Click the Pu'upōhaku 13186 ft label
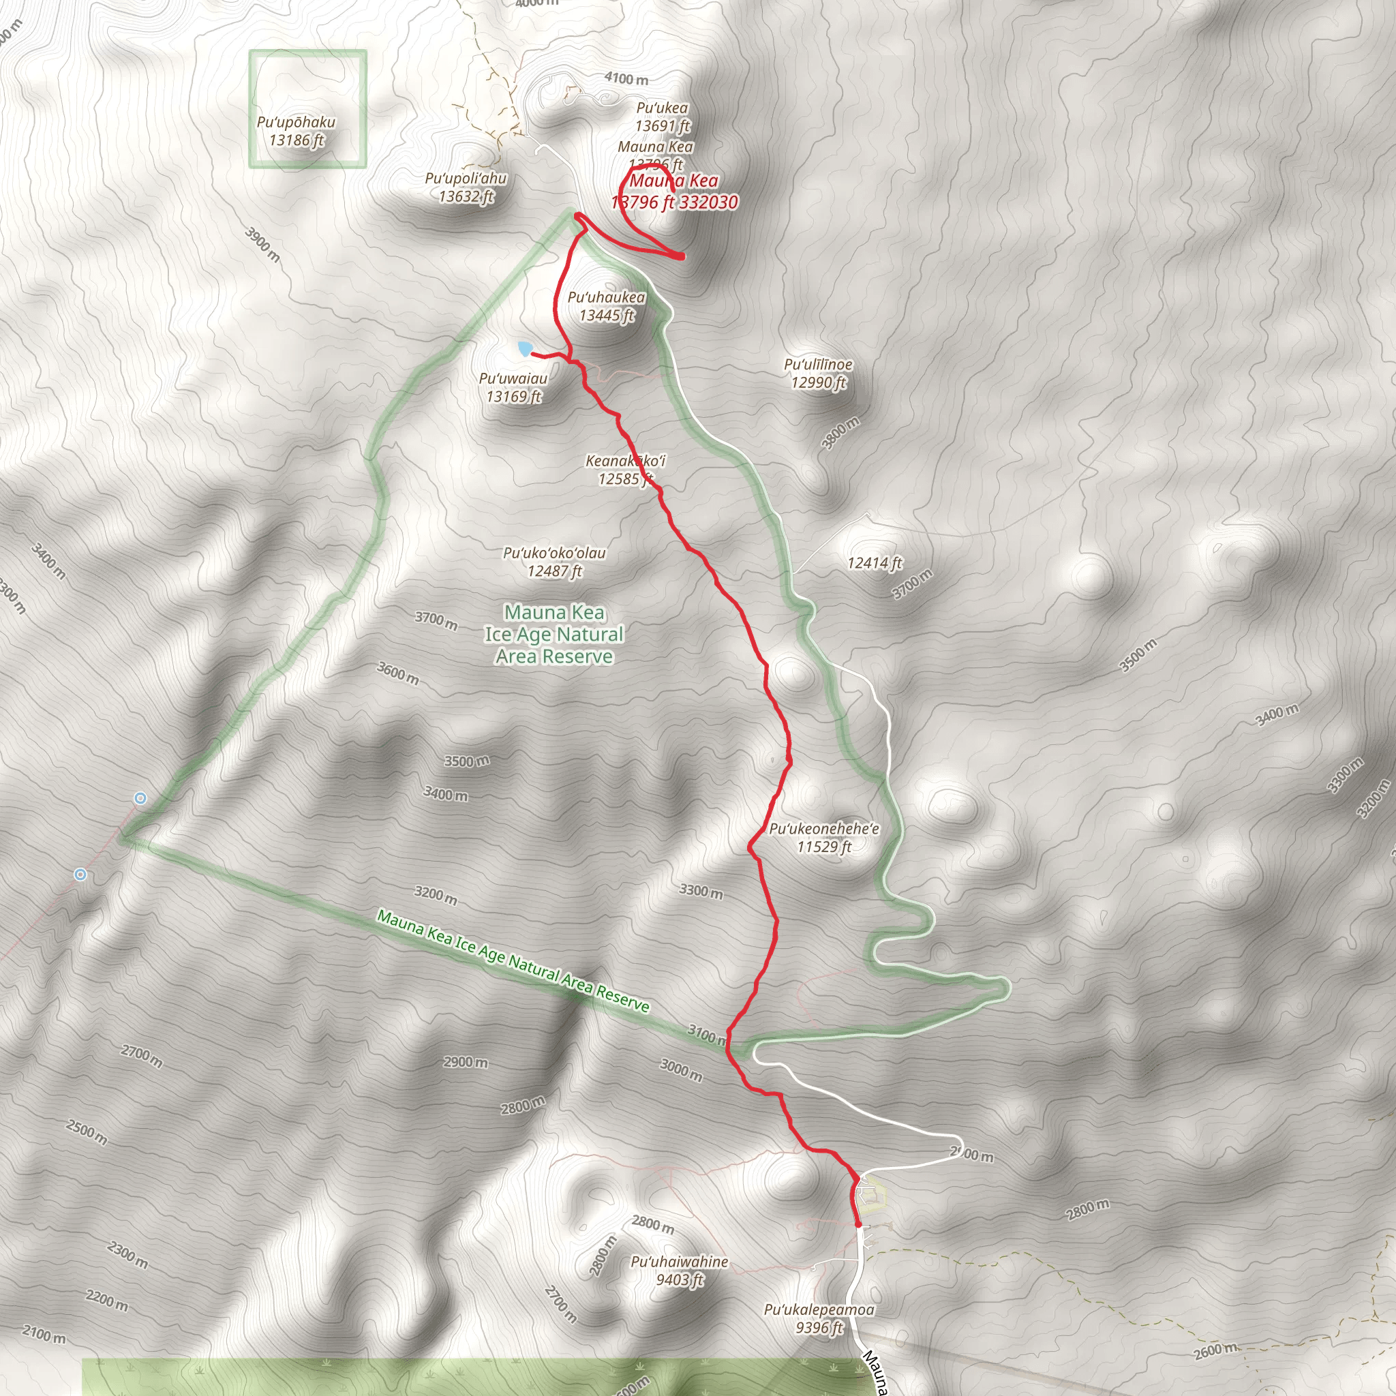(x=297, y=132)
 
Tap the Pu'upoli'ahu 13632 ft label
(x=466, y=187)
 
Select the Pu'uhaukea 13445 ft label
(x=606, y=306)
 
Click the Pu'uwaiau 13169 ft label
(x=514, y=387)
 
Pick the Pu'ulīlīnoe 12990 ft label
(x=818, y=374)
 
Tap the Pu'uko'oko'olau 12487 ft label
(x=554, y=562)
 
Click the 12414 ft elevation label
(x=875, y=563)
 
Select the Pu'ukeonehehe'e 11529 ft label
(x=823, y=838)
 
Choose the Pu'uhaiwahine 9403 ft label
(x=679, y=1271)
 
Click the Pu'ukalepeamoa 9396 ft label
(x=819, y=1319)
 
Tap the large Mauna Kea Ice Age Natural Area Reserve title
(x=554, y=635)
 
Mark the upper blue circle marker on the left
(x=141, y=798)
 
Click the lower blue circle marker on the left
(x=81, y=875)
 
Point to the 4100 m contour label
(x=626, y=79)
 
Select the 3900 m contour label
(x=262, y=244)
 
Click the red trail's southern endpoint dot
(x=858, y=1224)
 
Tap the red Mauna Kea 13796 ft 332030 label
(x=674, y=192)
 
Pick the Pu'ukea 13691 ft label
(x=663, y=117)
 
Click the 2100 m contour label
(x=44, y=1334)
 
